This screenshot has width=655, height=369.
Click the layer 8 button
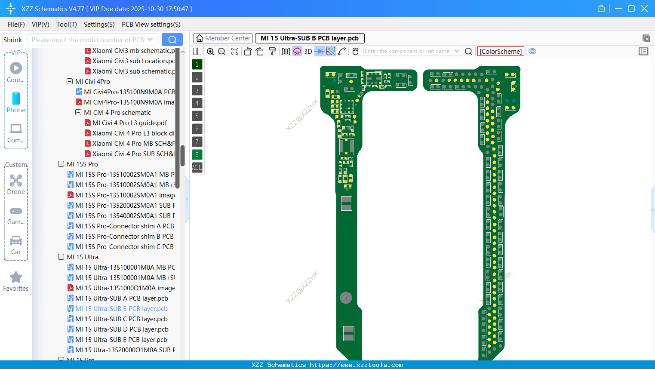pos(197,155)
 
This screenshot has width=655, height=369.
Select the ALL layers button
pos(197,168)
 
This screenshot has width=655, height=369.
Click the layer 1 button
pos(197,65)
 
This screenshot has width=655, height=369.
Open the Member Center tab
pos(223,38)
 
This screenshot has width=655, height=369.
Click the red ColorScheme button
pos(501,52)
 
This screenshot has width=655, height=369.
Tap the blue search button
pos(172,40)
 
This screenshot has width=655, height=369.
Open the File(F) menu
pos(16,25)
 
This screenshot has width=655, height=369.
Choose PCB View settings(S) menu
pos(151,25)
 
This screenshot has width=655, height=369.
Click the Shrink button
pos(12,40)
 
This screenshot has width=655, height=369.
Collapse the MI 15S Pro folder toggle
pos(61,164)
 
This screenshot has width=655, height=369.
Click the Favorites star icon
pos(16,277)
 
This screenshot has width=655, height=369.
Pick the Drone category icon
pos(16,181)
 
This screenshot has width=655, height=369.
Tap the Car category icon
pos(16,241)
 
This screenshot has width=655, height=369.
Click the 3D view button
pos(308,52)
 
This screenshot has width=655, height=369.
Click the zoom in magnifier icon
pos(210,52)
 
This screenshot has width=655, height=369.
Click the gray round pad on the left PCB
pos(346,298)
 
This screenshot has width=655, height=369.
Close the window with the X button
pos(644,9)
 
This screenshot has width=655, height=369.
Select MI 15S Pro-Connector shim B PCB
pos(124,237)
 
